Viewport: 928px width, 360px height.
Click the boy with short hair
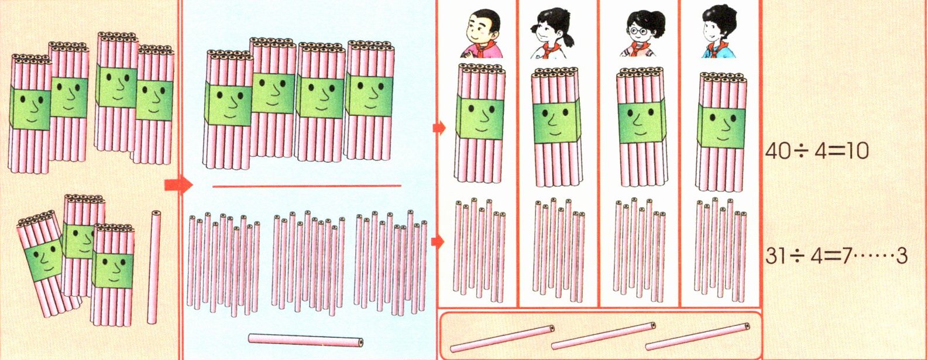tap(482, 34)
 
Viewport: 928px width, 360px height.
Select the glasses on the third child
tap(637, 30)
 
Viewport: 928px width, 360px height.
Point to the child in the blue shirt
tap(719, 32)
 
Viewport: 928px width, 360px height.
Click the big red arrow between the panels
tap(178, 185)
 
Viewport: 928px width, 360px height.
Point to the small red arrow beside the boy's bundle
tap(439, 128)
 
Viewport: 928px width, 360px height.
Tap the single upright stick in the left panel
tap(154, 267)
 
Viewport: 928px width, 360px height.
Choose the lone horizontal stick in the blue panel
tap(306, 340)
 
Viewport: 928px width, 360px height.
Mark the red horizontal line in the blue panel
tap(307, 186)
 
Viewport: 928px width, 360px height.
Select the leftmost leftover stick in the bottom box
tap(502, 339)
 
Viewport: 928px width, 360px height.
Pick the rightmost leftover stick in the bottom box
tap(697, 337)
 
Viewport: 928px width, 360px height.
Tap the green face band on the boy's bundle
tap(480, 118)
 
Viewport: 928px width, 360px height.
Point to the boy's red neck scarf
tap(482, 50)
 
